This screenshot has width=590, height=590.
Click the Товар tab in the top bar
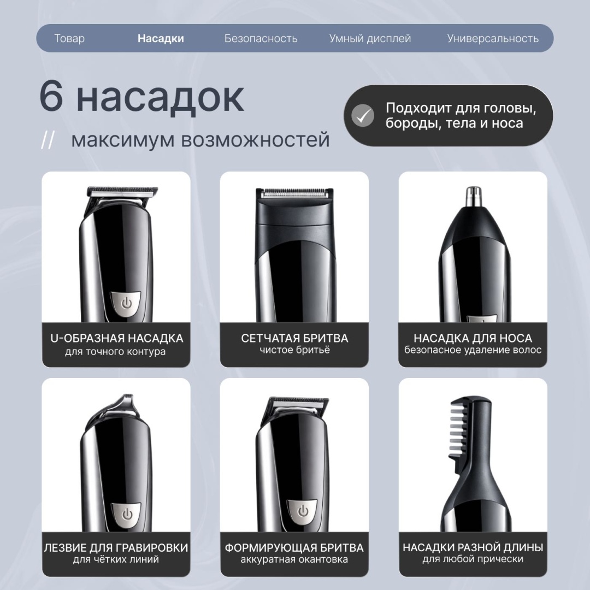(x=69, y=38)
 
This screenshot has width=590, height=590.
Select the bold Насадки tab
(x=161, y=38)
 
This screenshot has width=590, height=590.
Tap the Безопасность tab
(x=261, y=38)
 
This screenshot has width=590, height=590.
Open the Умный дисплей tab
(x=370, y=38)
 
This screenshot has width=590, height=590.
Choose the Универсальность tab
(x=493, y=38)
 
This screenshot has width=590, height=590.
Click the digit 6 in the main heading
(x=51, y=97)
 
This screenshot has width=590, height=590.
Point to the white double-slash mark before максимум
(x=48, y=140)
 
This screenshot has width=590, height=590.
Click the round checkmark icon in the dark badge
(x=362, y=115)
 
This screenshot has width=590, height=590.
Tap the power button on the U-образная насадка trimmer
(x=126, y=303)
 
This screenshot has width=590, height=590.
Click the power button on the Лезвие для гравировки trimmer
(x=126, y=515)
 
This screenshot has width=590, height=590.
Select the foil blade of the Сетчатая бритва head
(x=294, y=193)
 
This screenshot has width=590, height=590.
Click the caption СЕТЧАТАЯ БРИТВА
(x=294, y=338)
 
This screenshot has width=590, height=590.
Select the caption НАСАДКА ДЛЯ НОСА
(x=473, y=338)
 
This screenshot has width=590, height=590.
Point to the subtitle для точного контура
(x=115, y=352)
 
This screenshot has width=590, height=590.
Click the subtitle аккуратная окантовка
(x=294, y=559)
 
